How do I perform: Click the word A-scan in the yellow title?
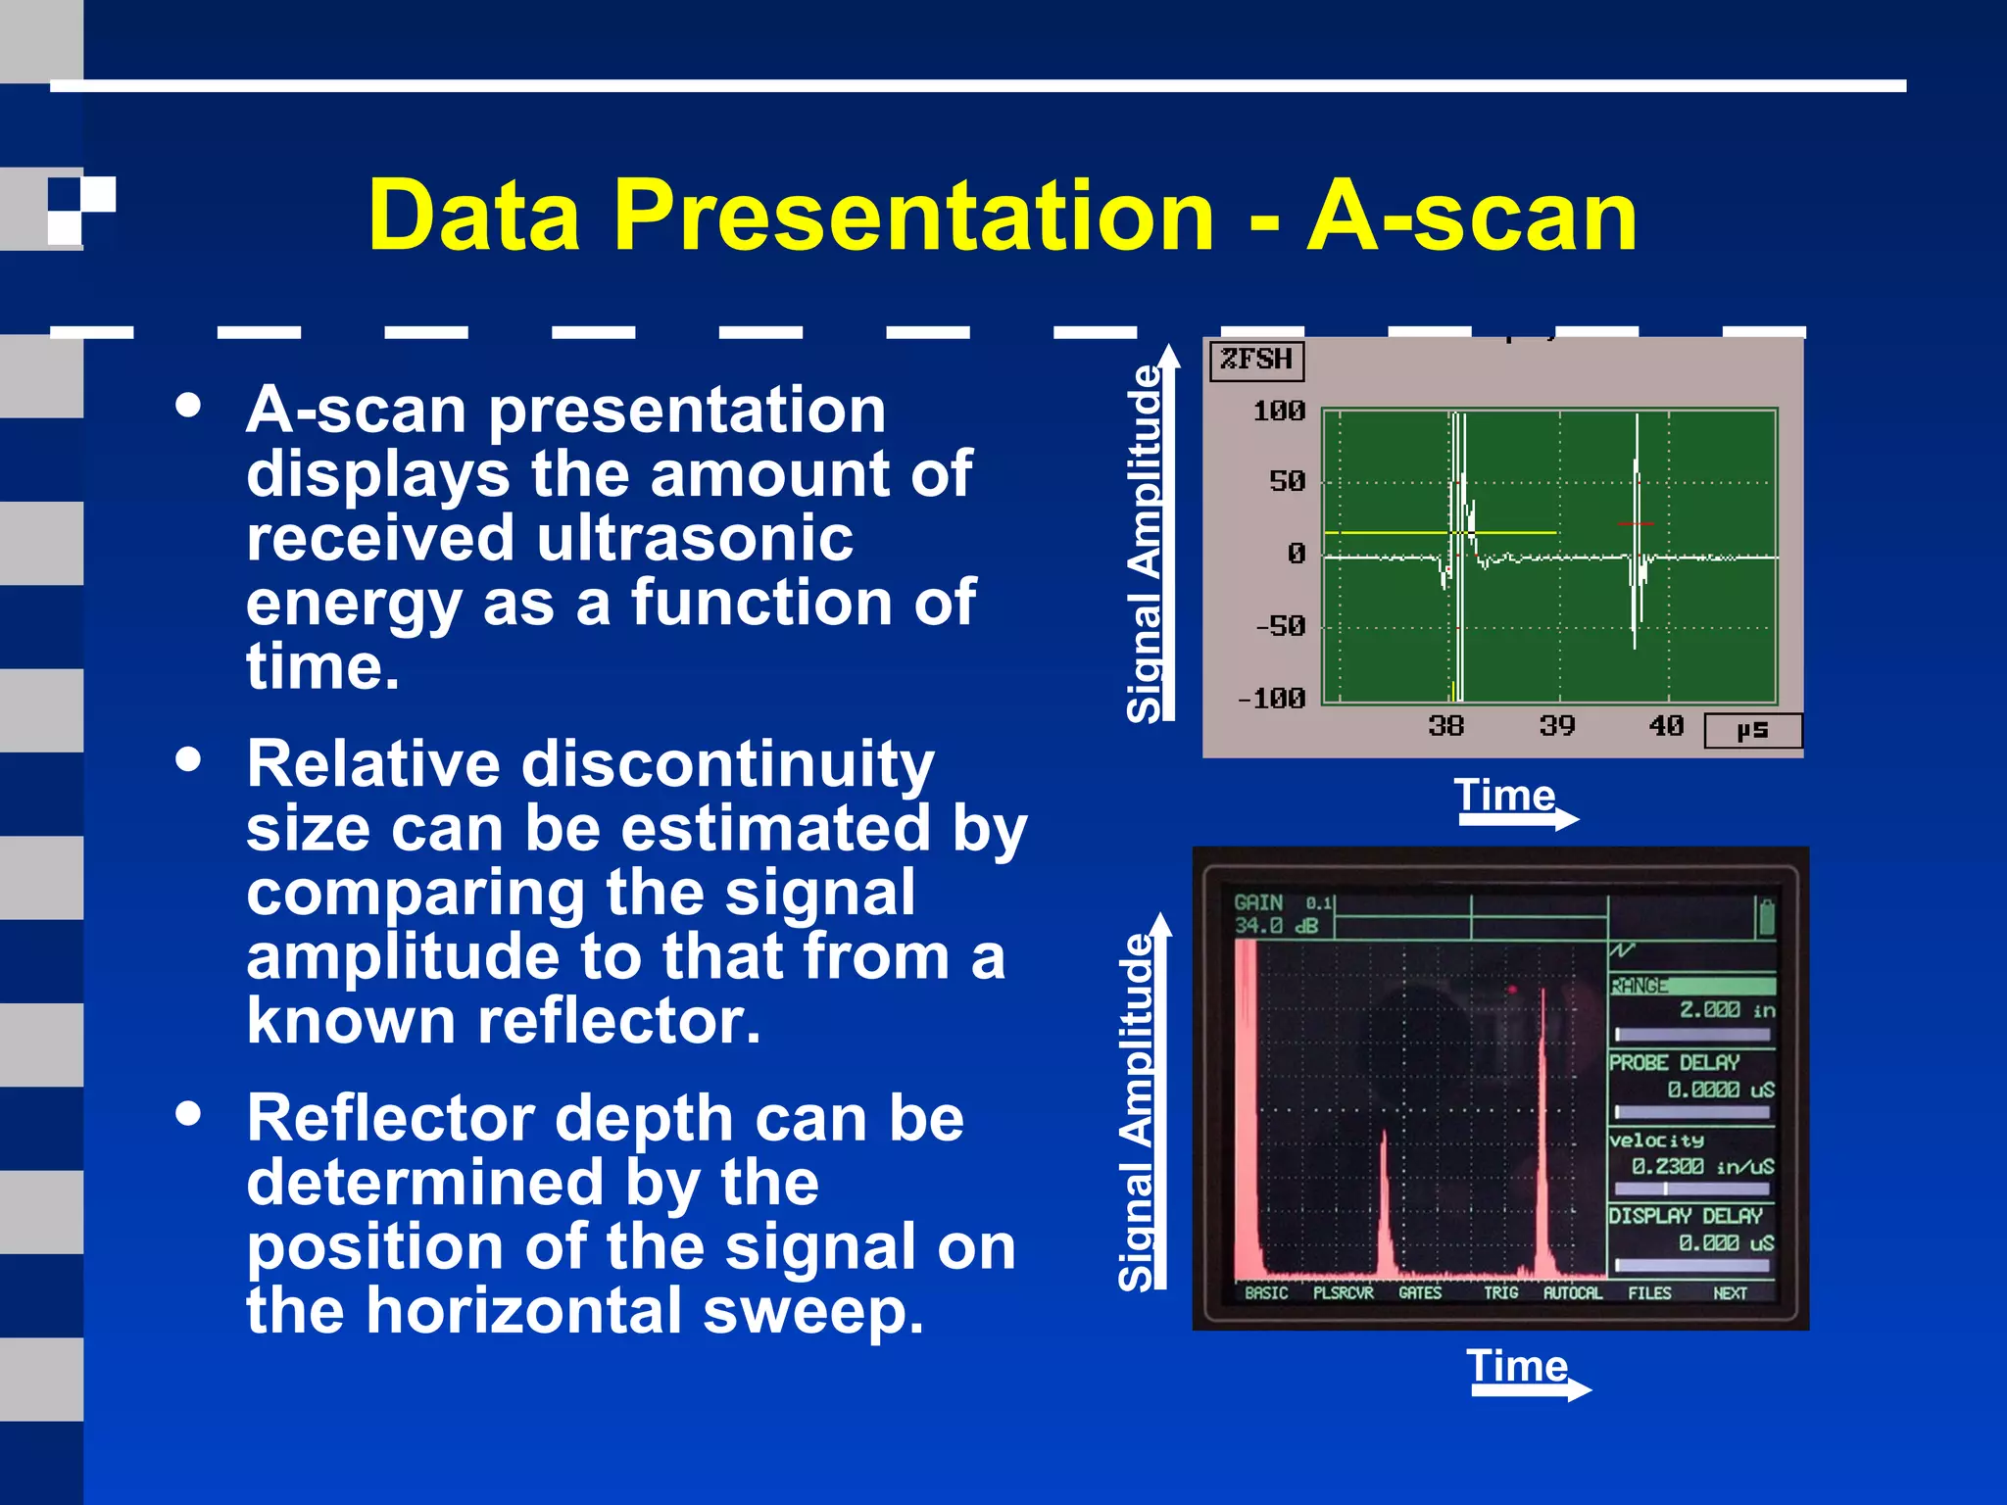(x=1472, y=216)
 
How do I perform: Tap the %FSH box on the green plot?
(x=1256, y=360)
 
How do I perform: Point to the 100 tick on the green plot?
(x=1280, y=411)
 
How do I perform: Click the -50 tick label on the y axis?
(x=1280, y=625)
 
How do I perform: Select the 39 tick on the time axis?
(x=1556, y=726)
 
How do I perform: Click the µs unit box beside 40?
(x=1752, y=730)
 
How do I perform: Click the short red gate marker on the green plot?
(x=1635, y=524)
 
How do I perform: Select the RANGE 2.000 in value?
(x=1725, y=1009)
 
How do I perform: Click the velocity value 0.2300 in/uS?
(x=1701, y=1166)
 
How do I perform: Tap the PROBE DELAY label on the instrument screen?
(x=1674, y=1062)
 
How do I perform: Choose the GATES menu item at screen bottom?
(x=1420, y=1292)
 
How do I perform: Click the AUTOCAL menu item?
(x=1572, y=1292)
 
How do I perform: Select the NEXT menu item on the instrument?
(x=1730, y=1292)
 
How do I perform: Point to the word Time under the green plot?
(x=1503, y=795)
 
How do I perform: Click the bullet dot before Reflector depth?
(x=188, y=1114)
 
